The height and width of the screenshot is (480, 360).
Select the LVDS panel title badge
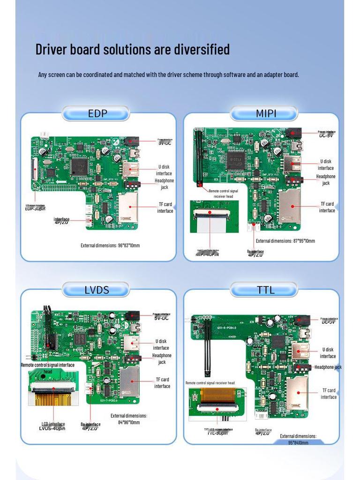point(97,290)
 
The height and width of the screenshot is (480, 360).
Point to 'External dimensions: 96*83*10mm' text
point(110,245)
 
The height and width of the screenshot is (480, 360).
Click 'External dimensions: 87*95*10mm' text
point(285,241)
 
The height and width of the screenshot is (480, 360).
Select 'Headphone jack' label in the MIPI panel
point(326,180)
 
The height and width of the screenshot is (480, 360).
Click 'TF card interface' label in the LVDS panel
point(162,383)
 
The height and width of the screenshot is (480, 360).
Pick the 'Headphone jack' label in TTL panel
point(328,367)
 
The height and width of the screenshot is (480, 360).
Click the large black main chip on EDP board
point(79,166)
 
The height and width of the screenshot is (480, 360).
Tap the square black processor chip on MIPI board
point(234,161)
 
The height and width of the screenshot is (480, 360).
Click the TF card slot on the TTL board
point(297,391)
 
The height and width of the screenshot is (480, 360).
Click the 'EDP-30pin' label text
point(35,209)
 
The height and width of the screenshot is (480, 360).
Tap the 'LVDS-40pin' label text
point(52,428)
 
